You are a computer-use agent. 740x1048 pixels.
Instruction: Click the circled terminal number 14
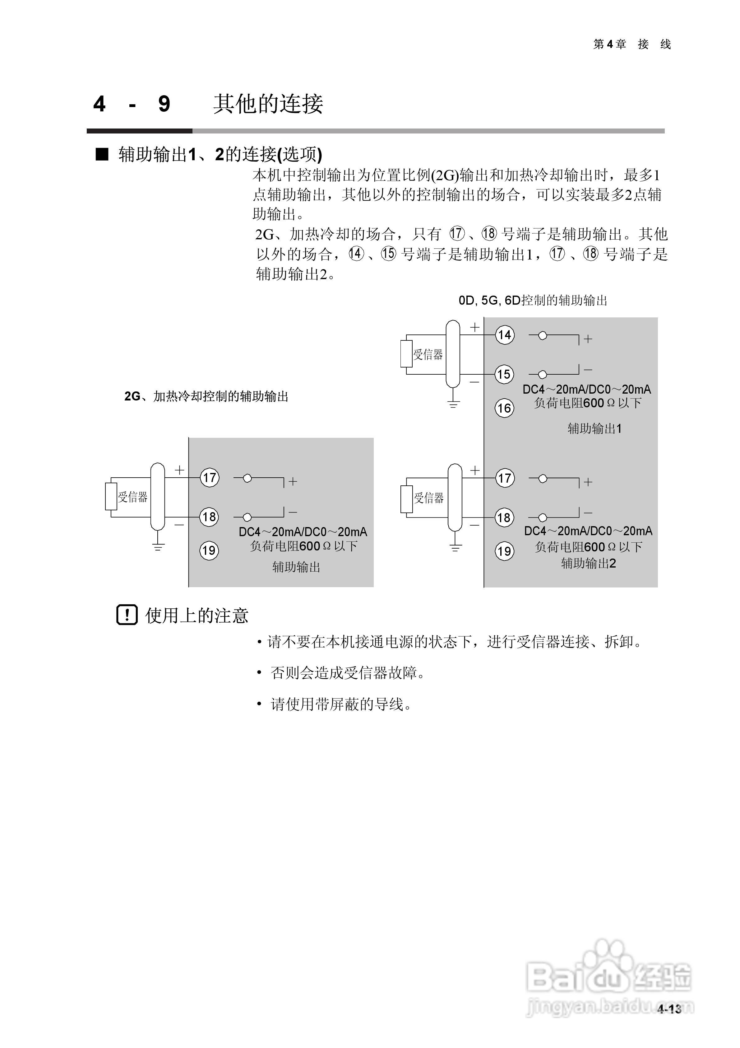coord(505,335)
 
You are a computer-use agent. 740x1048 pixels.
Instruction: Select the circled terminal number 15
coord(504,374)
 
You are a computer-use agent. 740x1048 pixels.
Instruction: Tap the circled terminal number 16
coord(504,408)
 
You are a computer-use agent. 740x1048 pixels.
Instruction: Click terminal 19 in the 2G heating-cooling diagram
coord(209,550)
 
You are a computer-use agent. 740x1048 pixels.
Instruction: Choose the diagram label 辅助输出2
coord(589,563)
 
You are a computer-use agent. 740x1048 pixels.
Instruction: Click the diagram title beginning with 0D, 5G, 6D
coord(533,300)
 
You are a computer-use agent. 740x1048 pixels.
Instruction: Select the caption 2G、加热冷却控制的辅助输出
coord(206,396)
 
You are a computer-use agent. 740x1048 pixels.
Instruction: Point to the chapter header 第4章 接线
coord(632,44)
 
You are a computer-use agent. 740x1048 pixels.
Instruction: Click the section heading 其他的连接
coord(268,104)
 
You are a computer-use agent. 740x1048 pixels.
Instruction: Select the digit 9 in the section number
coord(164,104)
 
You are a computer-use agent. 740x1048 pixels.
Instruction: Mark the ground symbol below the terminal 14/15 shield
coord(453,404)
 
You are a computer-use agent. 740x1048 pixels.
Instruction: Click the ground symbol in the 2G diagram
coord(158,547)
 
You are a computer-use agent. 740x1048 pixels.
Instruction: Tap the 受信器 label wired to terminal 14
coord(428,355)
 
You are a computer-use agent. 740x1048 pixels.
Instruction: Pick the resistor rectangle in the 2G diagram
coord(111,496)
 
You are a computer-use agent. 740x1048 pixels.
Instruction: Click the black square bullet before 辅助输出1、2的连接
coord(102,154)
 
